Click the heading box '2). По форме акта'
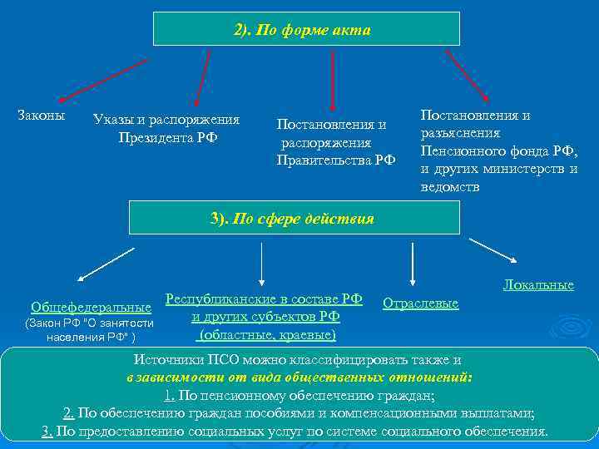(x=306, y=30)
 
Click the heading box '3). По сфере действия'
(x=294, y=219)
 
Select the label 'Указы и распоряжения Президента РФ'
(x=166, y=128)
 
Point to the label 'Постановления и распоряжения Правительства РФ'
(x=335, y=141)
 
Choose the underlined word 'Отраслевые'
(x=420, y=303)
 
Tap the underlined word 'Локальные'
(x=537, y=284)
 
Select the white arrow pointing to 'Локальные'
(x=494, y=251)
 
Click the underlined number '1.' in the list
(x=170, y=396)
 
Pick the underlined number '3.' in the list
(x=47, y=431)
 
